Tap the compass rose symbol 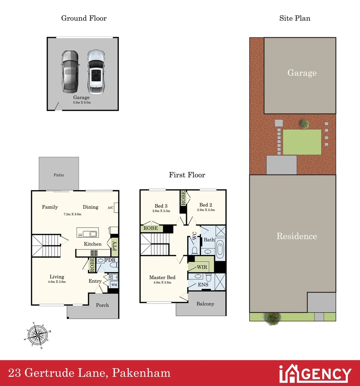click(x=37, y=335)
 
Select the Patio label click(x=59, y=175)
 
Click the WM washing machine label click(x=114, y=284)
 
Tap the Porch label click(x=102, y=305)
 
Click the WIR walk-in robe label click(x=201, y=267)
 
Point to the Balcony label click(x=205, y=304)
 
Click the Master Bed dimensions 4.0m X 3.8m click(x=162, y=282)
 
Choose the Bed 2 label click(x=206, y=205)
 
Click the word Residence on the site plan click(x=297, y=236)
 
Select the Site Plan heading click(x=295, y=18)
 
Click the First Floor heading click(x=187, y=175)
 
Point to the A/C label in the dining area click(x=110, y=207)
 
